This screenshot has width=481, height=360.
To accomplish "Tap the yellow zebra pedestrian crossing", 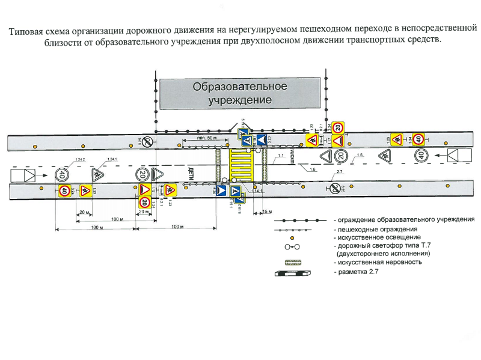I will click(241, 165).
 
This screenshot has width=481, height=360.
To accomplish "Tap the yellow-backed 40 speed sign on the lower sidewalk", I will click(64, 191).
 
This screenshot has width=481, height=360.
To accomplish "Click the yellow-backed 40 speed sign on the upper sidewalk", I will click(417, 139).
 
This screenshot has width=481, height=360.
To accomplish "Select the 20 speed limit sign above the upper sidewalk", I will click(339, 127).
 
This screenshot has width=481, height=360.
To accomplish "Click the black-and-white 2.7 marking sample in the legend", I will click(293, 273).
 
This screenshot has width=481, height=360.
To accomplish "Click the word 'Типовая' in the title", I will click(26, 30).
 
